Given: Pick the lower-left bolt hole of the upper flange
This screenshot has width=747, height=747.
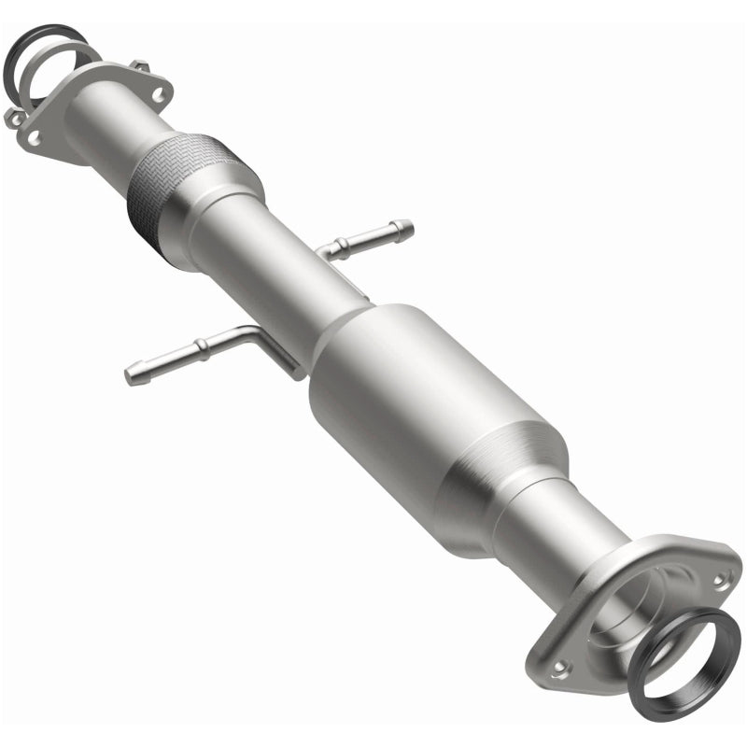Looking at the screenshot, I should [34, 137].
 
